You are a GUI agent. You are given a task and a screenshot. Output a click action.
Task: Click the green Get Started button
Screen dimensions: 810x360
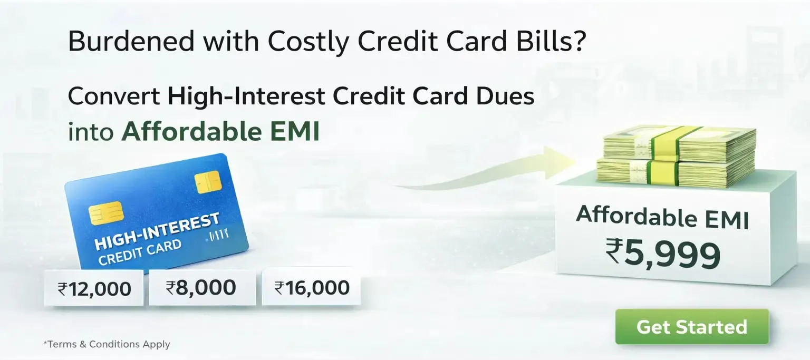coord(692,326)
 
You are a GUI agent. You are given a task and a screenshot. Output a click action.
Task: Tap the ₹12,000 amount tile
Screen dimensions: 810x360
coord(94,288)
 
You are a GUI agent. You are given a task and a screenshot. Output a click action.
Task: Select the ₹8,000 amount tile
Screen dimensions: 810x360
coord(202,287)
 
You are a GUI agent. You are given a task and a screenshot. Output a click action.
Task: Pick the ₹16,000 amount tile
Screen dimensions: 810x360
coord(311,287)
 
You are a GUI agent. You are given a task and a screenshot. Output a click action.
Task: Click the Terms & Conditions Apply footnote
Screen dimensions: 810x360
coord(107,344)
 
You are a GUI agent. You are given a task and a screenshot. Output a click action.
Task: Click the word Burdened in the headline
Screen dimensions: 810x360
coord(131,41)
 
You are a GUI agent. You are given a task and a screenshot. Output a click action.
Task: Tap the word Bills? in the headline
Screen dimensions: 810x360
coord(551,41)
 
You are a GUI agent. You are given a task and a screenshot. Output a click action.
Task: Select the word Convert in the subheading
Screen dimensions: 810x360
coord(114,96)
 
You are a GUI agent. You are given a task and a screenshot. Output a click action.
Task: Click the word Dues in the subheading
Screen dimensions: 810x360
coord(505,96)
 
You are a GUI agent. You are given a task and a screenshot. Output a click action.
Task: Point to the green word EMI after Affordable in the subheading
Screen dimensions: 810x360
coord(295,132)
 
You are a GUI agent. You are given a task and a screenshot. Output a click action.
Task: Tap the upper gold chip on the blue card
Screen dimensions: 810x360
coord(208,182)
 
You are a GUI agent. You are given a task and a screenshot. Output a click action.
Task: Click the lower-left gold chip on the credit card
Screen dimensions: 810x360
coord(106,212)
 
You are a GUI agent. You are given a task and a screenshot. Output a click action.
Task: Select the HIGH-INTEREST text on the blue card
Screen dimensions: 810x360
coord(157,231)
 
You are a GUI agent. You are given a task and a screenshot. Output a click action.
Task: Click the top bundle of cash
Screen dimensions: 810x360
coord(679,144)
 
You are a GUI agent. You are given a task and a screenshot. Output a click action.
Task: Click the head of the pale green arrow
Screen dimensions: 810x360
coord(558,163)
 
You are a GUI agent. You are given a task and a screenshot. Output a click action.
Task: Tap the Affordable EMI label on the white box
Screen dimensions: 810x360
coord(662,217)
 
